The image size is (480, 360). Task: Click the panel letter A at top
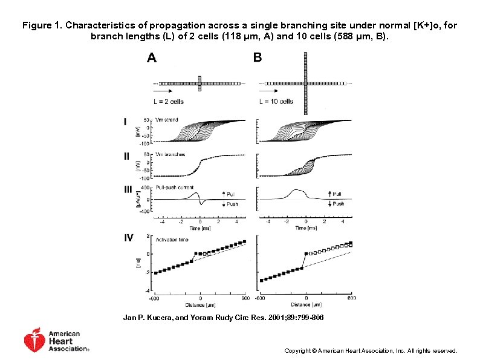[x=152, y=59]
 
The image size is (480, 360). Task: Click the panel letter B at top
[x=258, y=59]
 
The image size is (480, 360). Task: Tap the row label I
[x=126, y=122]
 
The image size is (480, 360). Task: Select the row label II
[x=127, y=155]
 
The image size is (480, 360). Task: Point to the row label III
[x=128, y=189]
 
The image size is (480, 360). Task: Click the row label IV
[x=129, y=238]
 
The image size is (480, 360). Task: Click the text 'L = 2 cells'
[x=167, y=102]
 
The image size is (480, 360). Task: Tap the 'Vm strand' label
[x=167, y=120]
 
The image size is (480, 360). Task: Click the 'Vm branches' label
[x=170, y=155]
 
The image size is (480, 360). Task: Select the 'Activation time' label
[x=172, y=240]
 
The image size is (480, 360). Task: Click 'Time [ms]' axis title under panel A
[x=198, y=228]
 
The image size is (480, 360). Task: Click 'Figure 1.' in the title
[x=42, y=26]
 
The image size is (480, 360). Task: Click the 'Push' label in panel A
[x=232, y=205]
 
